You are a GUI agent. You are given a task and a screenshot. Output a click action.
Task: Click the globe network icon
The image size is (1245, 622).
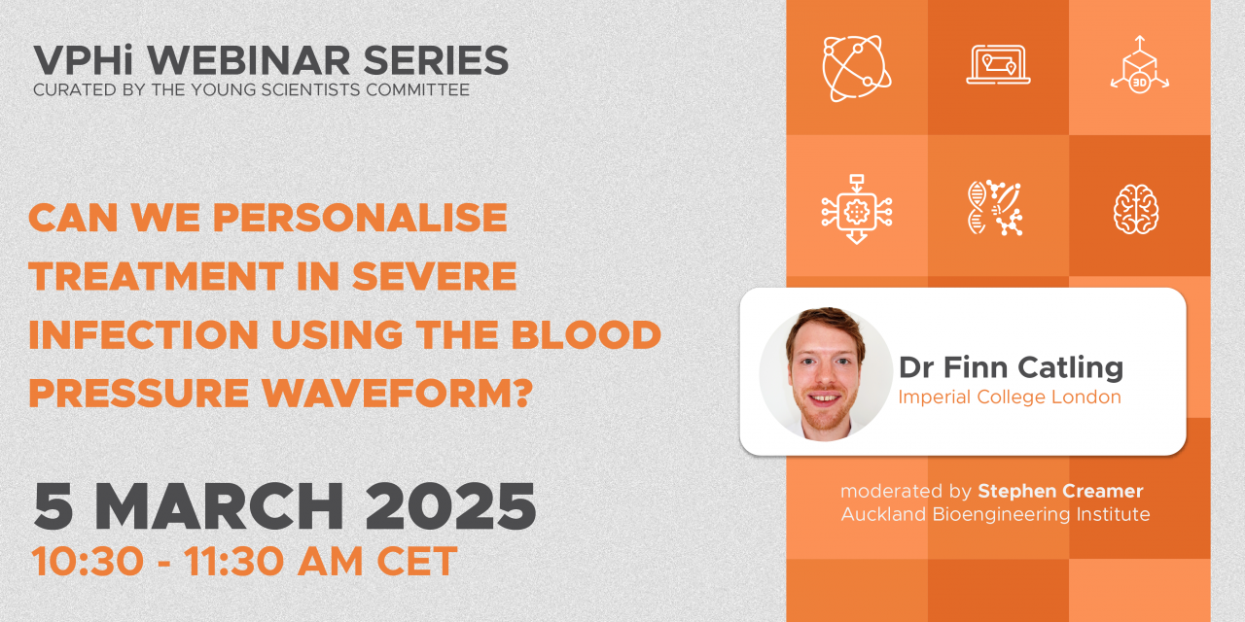[857, 68]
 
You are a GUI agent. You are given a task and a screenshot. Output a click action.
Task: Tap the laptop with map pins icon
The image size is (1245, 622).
[998, 65]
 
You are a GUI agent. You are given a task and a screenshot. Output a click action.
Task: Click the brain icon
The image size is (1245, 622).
[1136, 209]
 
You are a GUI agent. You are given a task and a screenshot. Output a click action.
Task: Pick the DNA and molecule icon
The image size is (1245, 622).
[995, 208]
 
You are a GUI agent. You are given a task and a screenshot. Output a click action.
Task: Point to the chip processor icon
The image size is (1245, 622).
[857, 209]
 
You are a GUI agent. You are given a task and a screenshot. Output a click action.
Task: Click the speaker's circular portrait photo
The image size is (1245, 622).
[826, 374]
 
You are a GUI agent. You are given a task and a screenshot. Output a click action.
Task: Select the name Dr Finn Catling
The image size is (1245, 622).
[1011, 367]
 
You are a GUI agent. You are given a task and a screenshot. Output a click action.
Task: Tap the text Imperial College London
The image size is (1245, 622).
[1010, 397]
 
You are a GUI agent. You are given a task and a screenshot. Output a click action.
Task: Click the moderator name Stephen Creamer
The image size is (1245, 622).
[1060, 491]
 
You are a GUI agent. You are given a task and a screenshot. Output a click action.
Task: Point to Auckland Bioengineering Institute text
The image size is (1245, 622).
[995, 514]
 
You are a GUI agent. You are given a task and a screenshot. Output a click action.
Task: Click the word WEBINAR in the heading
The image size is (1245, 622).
[248, 60]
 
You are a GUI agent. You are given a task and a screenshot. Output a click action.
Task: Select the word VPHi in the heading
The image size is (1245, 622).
[83, 59]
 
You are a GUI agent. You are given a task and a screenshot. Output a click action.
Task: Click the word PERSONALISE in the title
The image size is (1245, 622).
[360, 217]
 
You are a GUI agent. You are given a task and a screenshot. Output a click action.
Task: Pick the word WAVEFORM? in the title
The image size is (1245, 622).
[398, 394]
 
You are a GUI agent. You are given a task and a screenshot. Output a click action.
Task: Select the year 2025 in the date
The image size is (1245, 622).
[450, 507]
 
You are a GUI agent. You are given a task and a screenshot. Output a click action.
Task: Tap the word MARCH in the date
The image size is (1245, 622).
[219, 507]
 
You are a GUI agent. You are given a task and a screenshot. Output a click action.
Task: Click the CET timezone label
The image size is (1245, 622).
[417, 562]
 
